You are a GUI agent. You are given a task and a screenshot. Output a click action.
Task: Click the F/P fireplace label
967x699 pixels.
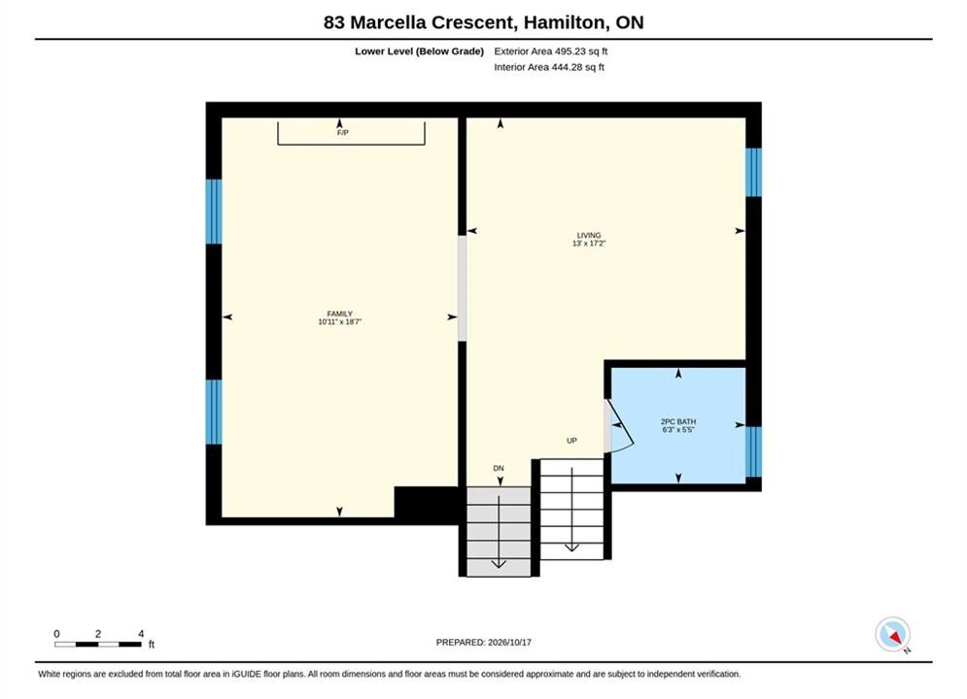pyautogui.click(x=343, y=132)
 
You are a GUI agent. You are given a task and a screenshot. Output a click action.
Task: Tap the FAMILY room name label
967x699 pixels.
pyautogui.click(x=340, y=314)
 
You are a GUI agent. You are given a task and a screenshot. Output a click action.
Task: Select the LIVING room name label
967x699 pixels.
pyautogui.click(x=589, y=235)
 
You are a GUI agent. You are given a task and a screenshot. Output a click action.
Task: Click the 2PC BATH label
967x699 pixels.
pyautogui.click(x=678, y=422)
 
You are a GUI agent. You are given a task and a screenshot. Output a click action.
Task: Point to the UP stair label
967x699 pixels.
pyautogui.click(x=571, y=441)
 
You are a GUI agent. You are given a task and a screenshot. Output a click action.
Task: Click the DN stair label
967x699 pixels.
pyautogui.click(x=499, y=468)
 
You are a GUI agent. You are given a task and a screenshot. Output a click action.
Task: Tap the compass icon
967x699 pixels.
pyautogui.click(x=892, y=634)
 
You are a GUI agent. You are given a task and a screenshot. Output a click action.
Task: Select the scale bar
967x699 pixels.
pyautogui.click(x=98, y=645)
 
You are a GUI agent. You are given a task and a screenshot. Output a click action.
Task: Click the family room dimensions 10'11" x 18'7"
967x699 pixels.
pyautogui.click(x=340, y=321)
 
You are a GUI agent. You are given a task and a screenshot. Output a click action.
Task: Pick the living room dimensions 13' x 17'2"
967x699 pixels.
pyautogui.click(x=589, y=244)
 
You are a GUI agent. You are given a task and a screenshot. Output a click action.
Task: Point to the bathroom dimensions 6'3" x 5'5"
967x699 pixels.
pyautogui.click(x=678, y=430)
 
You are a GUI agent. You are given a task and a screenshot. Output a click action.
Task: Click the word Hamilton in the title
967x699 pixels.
pyautogui.click(x=565, y=22)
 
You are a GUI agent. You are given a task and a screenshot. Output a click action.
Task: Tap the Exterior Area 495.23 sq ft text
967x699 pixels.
pyautogui.click(x=551, y=51)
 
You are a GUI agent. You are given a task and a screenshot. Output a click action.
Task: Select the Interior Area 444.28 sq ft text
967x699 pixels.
pyautogui.click(x=549, y=67)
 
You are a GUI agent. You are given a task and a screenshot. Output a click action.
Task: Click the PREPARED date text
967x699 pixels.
pyautogui.click(x=484, y=642)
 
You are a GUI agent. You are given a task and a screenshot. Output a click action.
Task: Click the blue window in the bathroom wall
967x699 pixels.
pyautogui.click(x=753, y=451)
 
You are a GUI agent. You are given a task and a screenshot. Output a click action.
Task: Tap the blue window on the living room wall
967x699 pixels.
pyautogui.click(x=753, y=173)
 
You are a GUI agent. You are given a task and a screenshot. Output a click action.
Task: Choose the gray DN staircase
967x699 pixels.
pyautogui.click(x=499, y=531)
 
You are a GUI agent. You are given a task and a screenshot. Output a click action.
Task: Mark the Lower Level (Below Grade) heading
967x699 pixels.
pyautogui.click(x=420, y=51)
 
